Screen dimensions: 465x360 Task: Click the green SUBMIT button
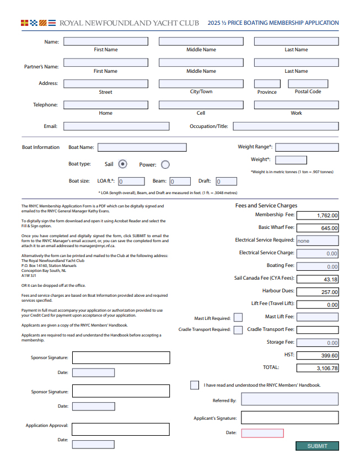[x=317, y=446]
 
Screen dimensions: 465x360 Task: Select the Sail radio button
[x=123, y=164]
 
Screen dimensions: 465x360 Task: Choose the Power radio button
[x=165, y=164]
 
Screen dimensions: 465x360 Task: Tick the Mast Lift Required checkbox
[x=238, y=317]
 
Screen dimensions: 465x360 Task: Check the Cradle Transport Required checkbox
[x=238, y=330]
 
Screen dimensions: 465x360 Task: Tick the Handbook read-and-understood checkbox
[x=195, y=385]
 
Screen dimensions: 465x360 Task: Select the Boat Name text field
[x=142, y=147]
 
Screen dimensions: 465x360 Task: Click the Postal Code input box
[x=308, y=84]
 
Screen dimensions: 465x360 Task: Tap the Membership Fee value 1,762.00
[x=318, y=215]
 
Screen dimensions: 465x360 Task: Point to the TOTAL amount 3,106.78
[x=318, y=368]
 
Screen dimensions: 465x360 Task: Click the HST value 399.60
[x=318, y=355]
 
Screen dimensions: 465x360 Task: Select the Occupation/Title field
[x=286, y=126]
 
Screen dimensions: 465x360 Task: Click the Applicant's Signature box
[x=289, y=418]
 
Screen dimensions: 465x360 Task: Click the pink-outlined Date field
[x=262, y=433]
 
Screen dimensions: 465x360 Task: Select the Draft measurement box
[x=226, y=181]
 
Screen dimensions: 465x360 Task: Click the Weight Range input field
[x=307, y=147]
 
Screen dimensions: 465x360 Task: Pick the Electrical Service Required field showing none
[x=318, y=240]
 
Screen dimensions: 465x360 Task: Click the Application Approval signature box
[x=121, y=429]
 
